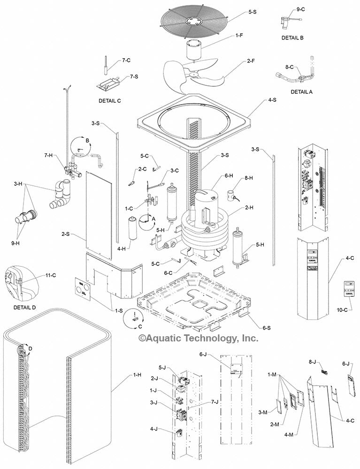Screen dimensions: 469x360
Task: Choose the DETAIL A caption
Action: click(301, 92)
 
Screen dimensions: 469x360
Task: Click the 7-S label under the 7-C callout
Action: click(133, 76)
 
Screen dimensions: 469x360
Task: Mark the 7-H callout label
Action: click(49, 155)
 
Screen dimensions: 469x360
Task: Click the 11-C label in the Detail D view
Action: click(51, 275)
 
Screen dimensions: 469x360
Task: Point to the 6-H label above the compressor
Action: click(229, 175)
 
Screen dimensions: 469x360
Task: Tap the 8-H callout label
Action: click(248, 178)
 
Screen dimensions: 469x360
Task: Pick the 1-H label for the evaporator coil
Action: click(137, 375)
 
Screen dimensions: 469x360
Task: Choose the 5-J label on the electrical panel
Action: click(162, 367)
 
